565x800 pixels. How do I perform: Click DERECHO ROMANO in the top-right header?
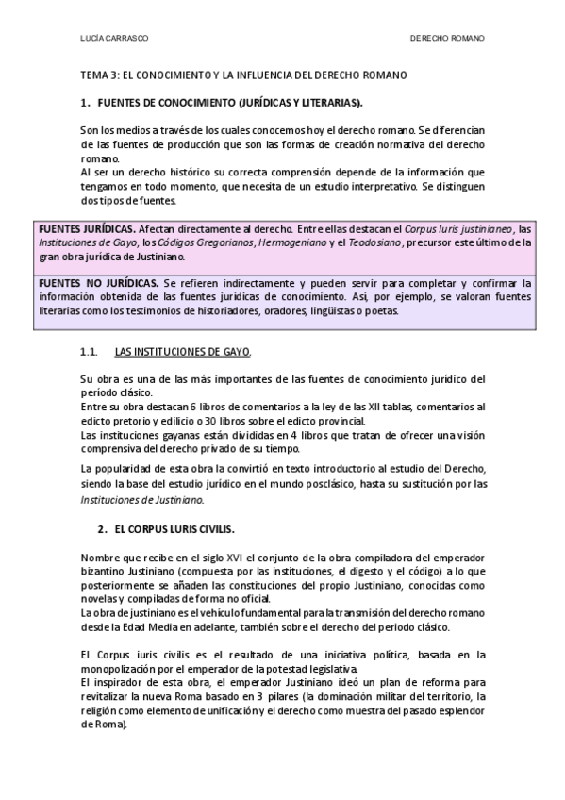[x=447, y=39]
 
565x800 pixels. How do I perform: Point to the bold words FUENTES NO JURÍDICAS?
[x=97, y=283]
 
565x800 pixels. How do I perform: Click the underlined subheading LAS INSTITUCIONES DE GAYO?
[x=182, y=352]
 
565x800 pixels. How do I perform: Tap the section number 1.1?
[x=90, y=352]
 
